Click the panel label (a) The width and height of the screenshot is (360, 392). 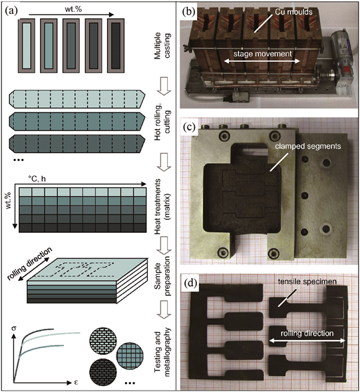[11, 11]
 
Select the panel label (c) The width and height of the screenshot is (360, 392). [189, 127]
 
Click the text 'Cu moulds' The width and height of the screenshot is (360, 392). [293, 12]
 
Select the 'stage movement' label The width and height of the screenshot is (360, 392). [262, 53]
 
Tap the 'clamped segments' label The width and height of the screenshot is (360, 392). [308, 146]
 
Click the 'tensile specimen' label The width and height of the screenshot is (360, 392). [307, 282]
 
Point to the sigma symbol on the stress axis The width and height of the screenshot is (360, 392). [14, 328]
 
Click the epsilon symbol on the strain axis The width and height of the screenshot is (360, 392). [77, 383]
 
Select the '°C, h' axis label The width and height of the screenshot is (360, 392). [37, 179]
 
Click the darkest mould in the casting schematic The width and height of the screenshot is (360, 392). [116, 46]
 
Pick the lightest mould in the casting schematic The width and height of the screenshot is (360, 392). [27, 46]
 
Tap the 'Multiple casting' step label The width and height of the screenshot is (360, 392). [162, 46]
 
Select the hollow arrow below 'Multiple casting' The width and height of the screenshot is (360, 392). [164, 87]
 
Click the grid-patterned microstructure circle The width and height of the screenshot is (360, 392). [130, 355]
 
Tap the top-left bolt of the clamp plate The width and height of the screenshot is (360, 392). [224, 136]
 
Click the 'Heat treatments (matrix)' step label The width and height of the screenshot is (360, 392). [162, 206]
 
